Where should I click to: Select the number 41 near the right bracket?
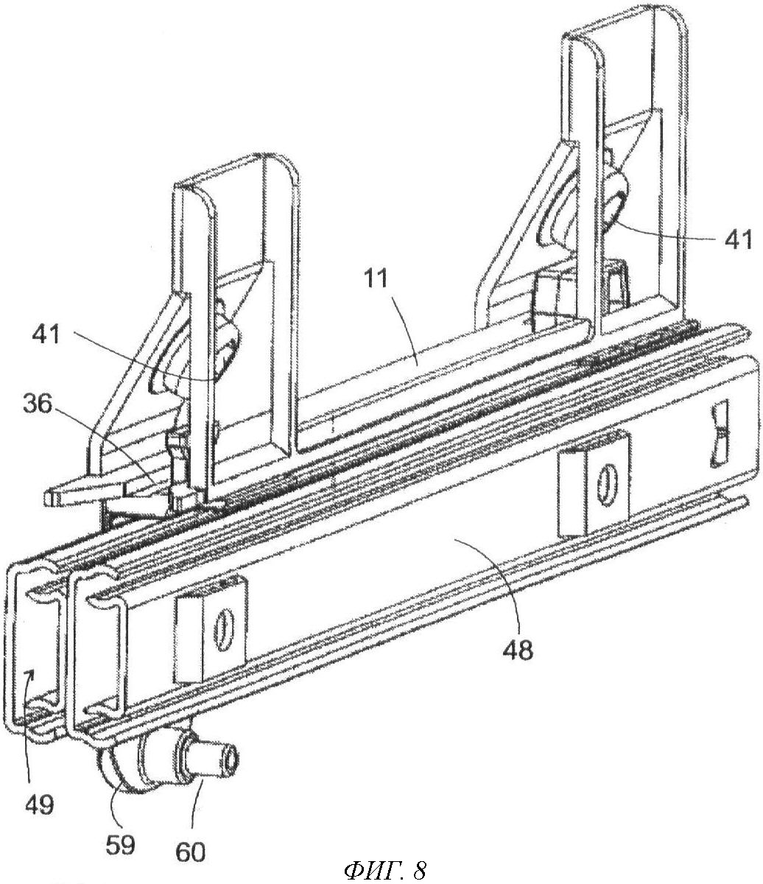point(734,239)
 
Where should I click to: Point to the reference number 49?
point(42,804)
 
